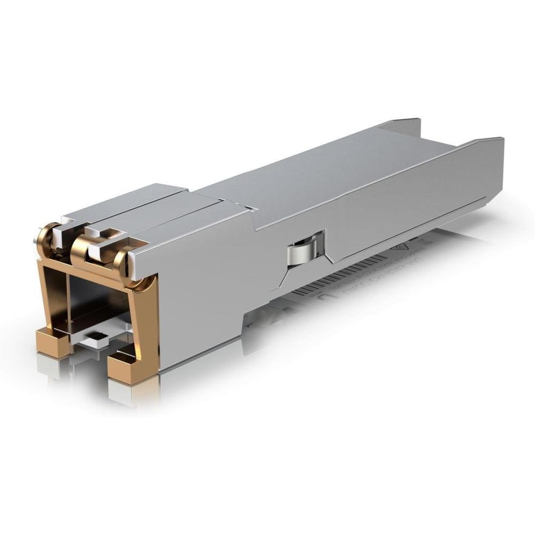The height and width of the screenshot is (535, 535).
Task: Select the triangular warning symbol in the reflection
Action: (x=399, y=248)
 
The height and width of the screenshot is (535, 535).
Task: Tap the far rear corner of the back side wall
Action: (x=412, y=121)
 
